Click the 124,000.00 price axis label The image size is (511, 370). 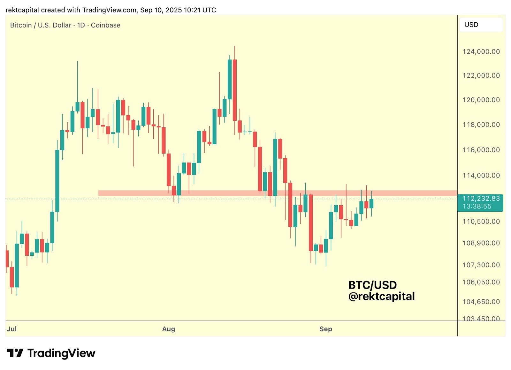click(x=481, y=51)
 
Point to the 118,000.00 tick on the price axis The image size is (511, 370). click(x=481, y=125)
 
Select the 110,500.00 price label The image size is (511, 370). click(x=481, y=221)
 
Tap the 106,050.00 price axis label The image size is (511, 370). click(x=481, y=282)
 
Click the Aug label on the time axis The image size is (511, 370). click(x=169, y=329)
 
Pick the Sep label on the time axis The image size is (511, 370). click(x=326, y=329)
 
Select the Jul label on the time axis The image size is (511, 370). click(x=11, y=329)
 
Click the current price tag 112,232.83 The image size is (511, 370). click(x=481, y=199)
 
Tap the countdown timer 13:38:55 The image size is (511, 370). click(x=477, y=207)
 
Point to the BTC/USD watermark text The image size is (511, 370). click(x=372, y=285)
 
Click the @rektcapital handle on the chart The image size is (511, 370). click(x=381, y=296)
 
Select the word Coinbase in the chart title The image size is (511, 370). click(x=105, y=25)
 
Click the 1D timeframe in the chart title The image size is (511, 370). click(x=81, y=25)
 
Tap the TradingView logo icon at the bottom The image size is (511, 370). click(x=15, y=353)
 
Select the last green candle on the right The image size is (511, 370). click(x=371, y=203)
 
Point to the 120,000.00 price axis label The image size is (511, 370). click(x=481, y=100)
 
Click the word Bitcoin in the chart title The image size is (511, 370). click(x=21, y=25)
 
